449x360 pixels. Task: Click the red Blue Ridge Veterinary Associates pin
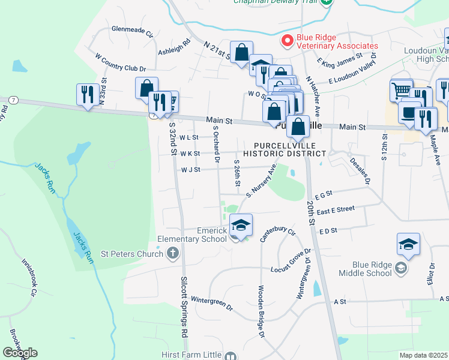click(287, 41)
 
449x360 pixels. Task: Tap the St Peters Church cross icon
click(173, 253)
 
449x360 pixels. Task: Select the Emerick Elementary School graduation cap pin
click(241, 226)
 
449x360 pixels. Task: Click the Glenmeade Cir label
click(133, 29)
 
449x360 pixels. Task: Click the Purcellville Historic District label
click(290, 149)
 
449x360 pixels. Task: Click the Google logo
click(20, 352)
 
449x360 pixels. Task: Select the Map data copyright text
click(423, 355)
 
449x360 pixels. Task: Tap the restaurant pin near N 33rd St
click(88, 94)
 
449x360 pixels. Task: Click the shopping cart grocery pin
click(401, 91)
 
